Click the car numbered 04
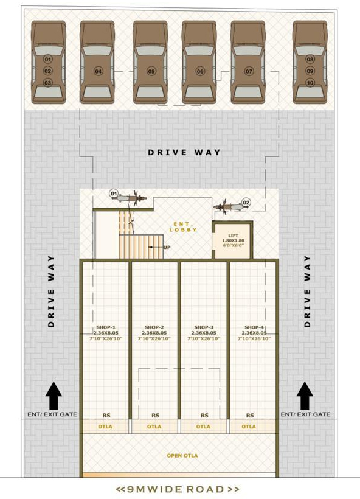click(x=97, y=62)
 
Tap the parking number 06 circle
click(x=200, y=71)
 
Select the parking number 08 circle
click(x=310, y=59)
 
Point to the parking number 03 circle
click(x=47, y=83)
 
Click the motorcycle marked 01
click(x=130, y=198)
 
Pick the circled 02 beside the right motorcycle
click(x=246, y=203)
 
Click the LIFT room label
click(x=233, y=236)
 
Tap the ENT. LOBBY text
click(x=183, y=227)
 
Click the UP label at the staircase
click(x=167, y=247)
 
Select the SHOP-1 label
click(x=106, y=327)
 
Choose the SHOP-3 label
click(x=204, y=327)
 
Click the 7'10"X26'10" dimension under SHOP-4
click(x=254, y=338)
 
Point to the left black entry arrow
click(x=54, y=396)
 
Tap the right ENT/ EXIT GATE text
click(x=305, y=414)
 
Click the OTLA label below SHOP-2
click(x=154, y=427)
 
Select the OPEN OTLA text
click(x=182, y=456)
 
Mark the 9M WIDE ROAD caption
click(x=178, y=489)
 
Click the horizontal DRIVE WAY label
click(x=184, y=152)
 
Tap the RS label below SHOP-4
click(x=250, y=415)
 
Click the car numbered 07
click(x=248, y=62)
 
